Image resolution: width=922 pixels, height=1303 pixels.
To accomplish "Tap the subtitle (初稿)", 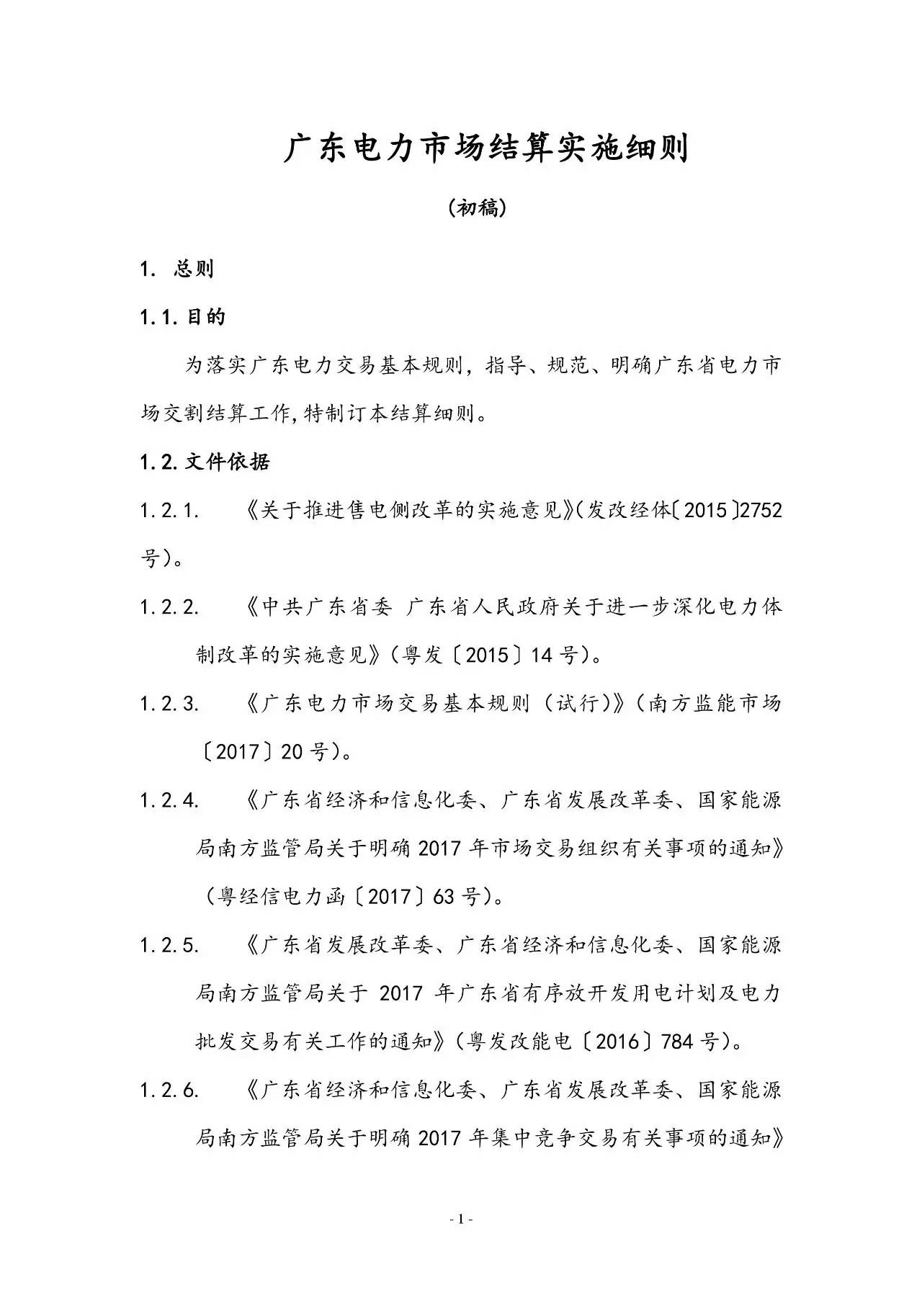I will coord(477,208).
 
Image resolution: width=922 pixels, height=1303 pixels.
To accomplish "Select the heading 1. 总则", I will coord(177,269).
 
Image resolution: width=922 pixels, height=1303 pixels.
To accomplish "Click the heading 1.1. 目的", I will coord(183,317).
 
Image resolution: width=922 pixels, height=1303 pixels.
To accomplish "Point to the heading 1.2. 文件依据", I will coord(205,462).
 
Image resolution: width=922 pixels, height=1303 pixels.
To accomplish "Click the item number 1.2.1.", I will coord(170,511).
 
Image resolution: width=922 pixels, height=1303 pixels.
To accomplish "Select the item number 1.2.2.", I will coord(170,607).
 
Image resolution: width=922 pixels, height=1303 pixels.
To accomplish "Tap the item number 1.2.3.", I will coord(170,704).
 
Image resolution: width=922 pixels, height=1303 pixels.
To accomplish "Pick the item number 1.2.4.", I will coord(170,800).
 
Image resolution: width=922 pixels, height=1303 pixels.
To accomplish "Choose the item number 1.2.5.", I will coord(170,945).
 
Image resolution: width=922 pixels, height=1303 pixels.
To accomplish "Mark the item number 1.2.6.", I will coord(170,1090).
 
